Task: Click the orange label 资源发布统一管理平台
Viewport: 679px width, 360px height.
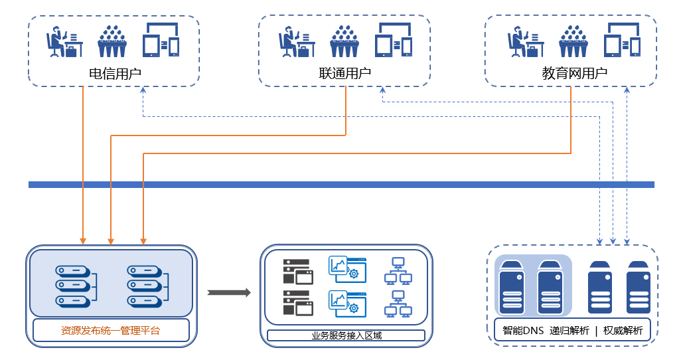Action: click(110, 330)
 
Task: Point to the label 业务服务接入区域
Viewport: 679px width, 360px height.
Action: click(346, 335)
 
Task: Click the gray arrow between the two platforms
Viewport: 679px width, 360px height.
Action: click(228, 292)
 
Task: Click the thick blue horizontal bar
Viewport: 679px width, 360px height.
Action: click(341, 185)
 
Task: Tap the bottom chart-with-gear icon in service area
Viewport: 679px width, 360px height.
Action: click(347, 302)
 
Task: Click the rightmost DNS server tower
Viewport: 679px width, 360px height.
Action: click(639, 287)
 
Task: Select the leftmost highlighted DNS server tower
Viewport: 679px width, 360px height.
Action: click(512, 287)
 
